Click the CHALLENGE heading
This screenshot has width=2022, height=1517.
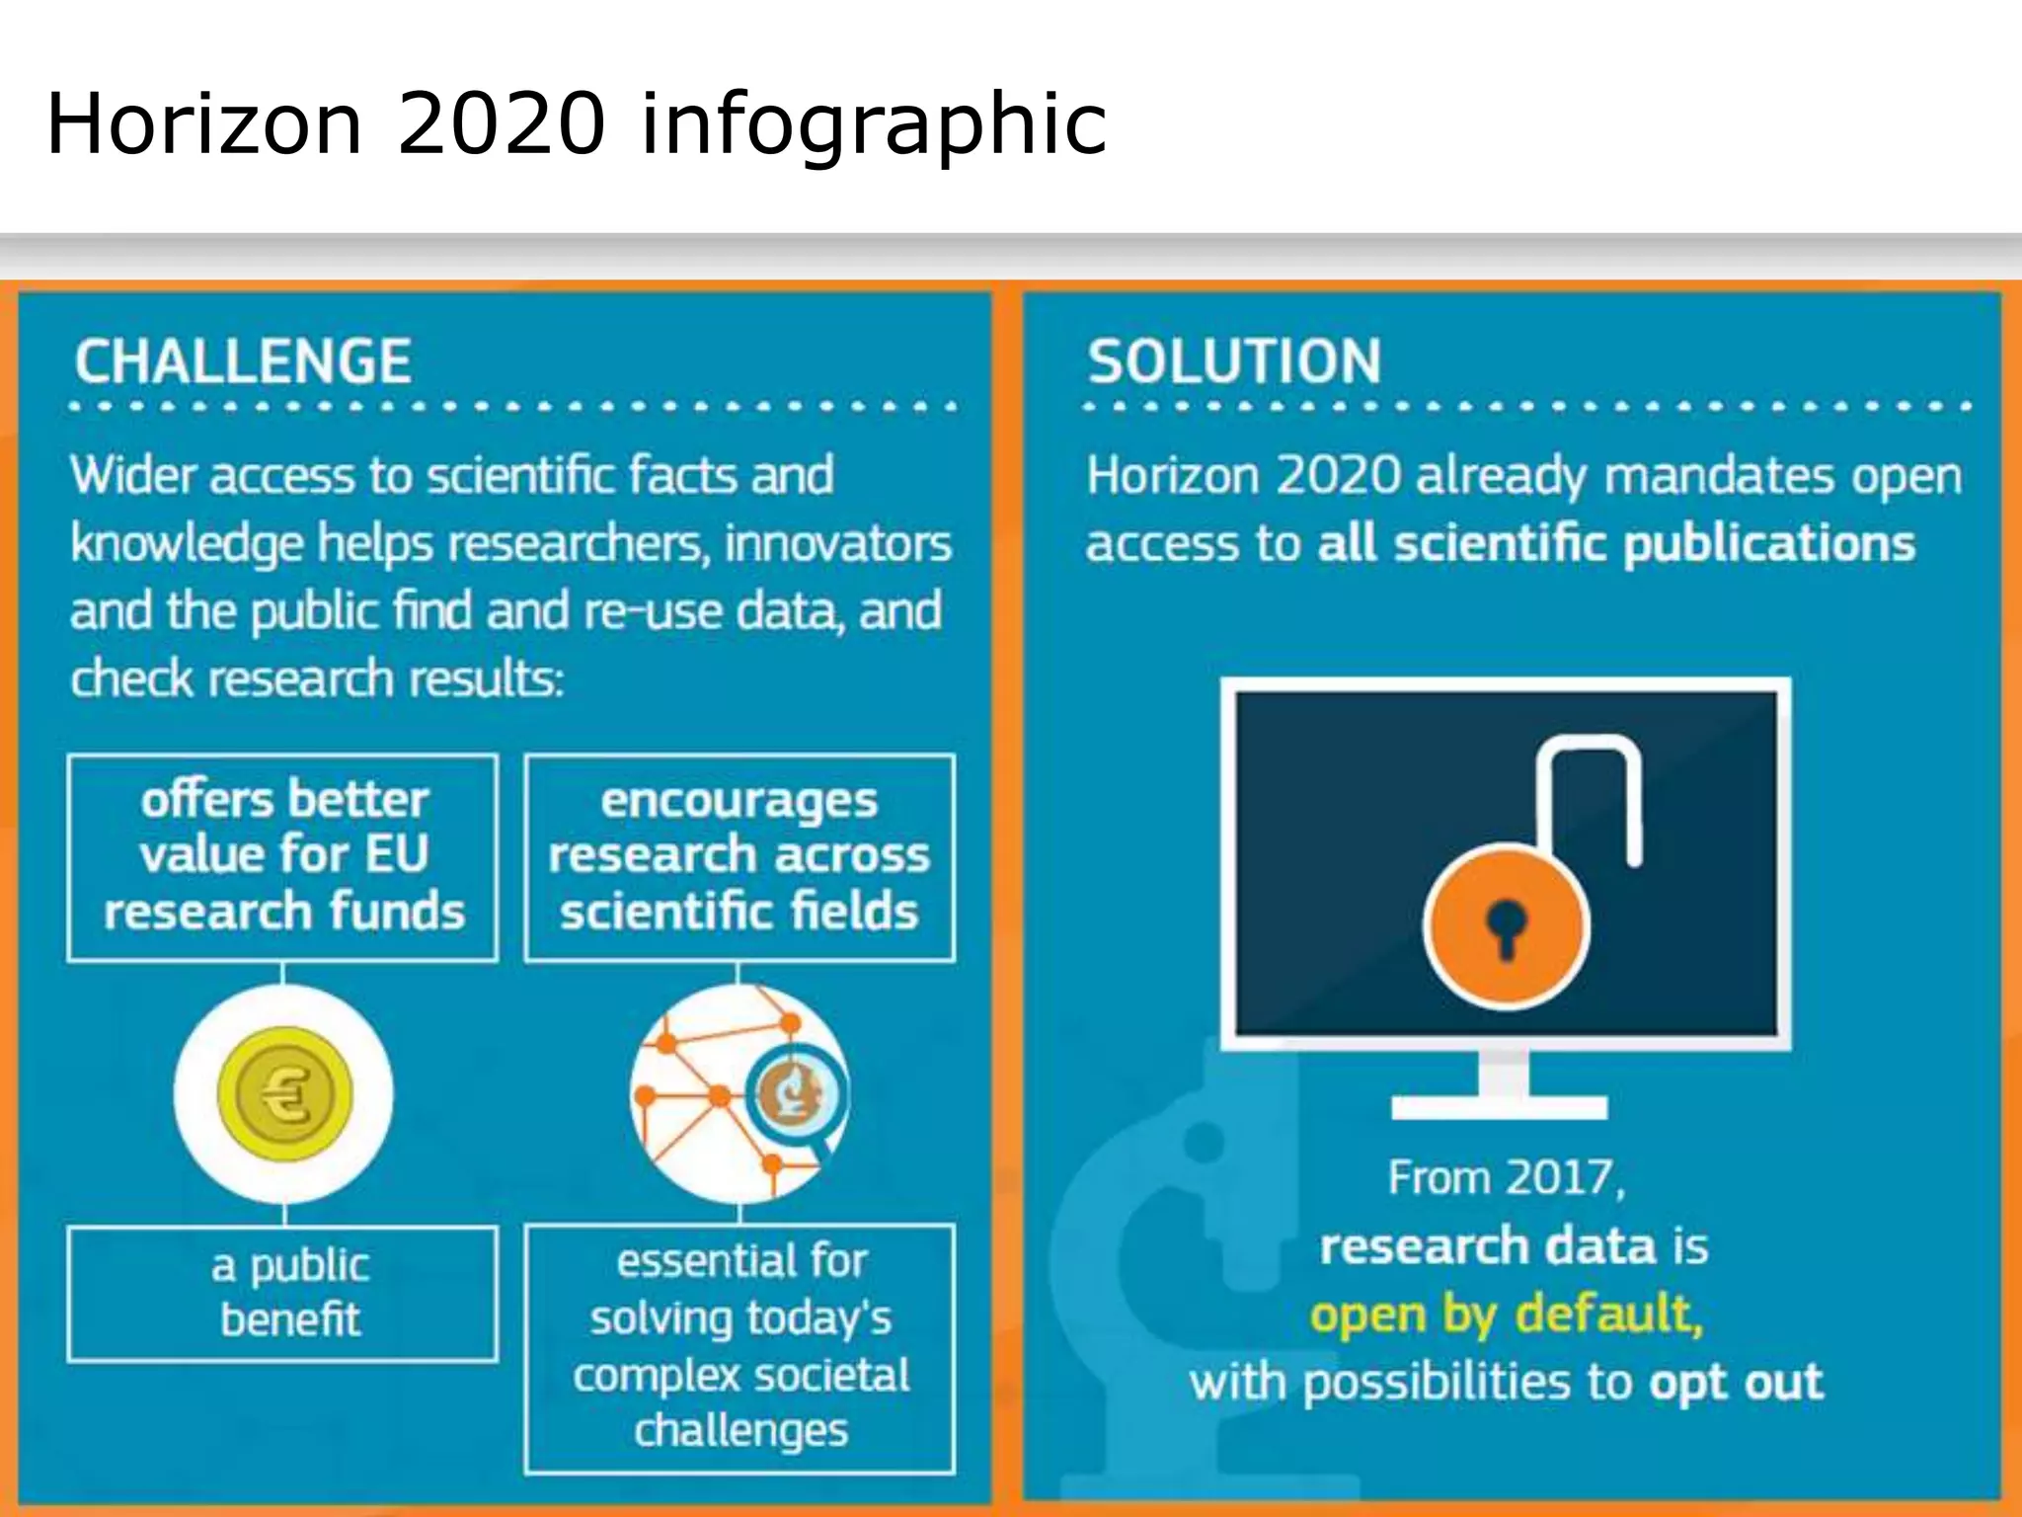pos(243,361)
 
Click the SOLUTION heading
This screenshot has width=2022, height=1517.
pos(1234,361)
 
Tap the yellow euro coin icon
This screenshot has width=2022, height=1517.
pos(284,1094)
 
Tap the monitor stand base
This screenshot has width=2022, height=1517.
pos(1499,1106)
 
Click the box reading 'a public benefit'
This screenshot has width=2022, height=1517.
pos(283,1293)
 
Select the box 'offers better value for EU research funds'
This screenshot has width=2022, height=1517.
pos(283,856)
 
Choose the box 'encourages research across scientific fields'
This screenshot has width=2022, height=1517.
pos(739,856)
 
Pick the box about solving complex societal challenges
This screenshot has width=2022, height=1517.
pos(739,1347)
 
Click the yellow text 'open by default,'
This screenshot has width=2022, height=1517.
pos(1507,1315)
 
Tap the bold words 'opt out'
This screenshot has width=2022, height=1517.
pos(1736,1382)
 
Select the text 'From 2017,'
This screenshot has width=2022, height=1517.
pos(1507,1178)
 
